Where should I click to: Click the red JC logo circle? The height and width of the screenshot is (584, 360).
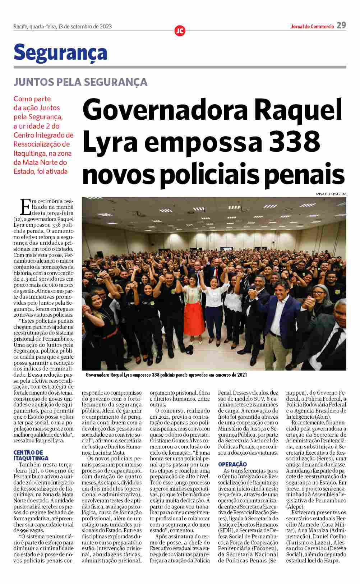tap(180, 31)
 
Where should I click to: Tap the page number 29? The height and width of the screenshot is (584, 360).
tap(341, 26)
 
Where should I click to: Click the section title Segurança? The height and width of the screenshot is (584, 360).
tap(60, 53)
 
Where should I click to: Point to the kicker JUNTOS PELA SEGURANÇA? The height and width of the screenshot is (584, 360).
tap(80, 82)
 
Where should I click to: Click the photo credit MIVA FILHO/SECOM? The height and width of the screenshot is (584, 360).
tap(331, 194)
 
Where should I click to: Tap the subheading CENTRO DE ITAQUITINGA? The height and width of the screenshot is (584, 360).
tap(31, 455)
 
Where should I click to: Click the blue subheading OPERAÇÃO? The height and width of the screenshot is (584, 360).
tap(232, 464)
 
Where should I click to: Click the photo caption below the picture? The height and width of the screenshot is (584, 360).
tap(166, 375)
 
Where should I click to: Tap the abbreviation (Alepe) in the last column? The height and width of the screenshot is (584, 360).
tap(295, 506)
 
